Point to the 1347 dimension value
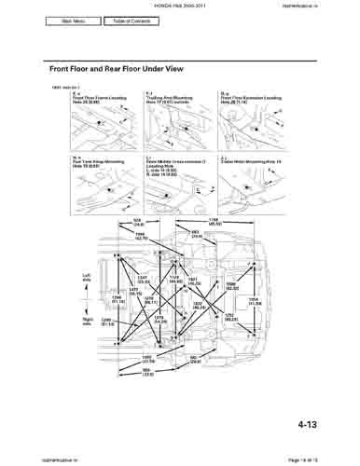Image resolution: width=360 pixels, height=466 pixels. tap(143, 281)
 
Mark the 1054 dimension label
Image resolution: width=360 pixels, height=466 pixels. tap(253, 300)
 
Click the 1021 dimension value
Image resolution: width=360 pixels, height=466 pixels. tap(194, 280)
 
